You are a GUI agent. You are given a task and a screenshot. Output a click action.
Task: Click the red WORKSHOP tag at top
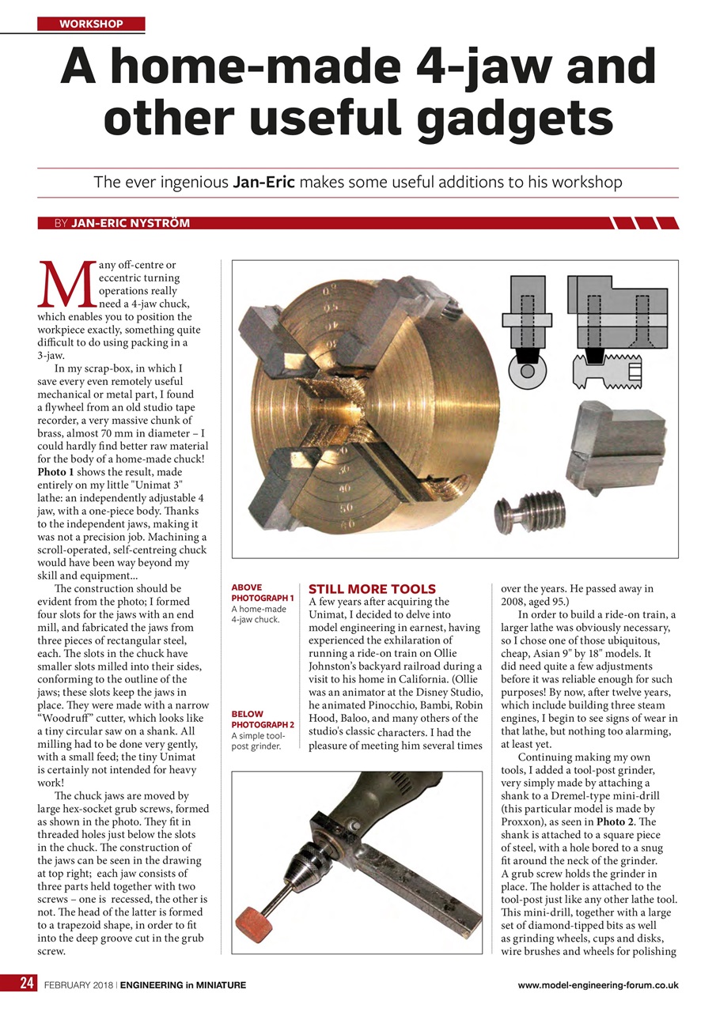coord(91,24)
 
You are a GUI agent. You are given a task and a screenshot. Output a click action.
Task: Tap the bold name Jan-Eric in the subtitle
coord(263,183)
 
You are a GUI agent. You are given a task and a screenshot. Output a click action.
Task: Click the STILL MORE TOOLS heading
coord(371,589)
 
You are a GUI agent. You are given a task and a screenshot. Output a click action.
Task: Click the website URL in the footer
coord(597,985)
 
